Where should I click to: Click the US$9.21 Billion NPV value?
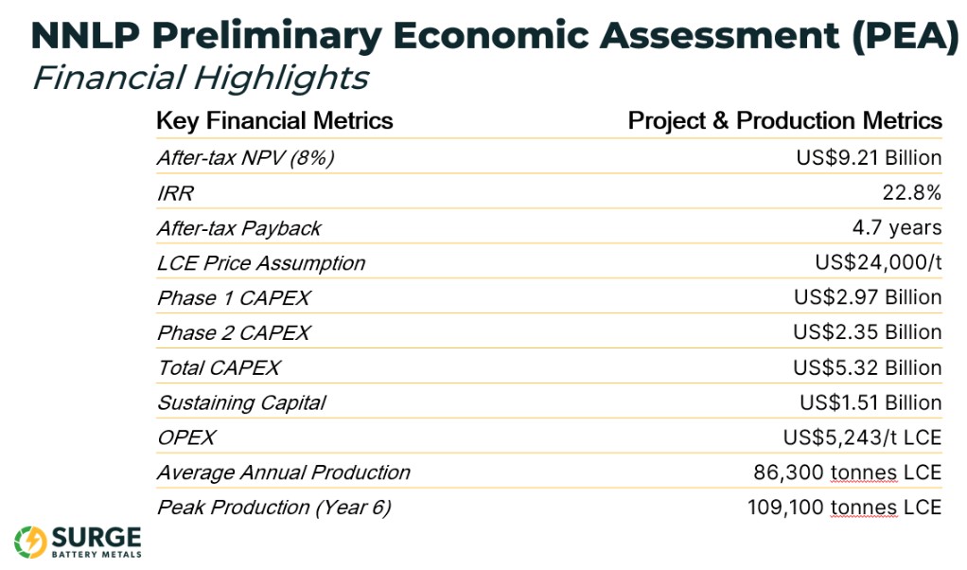point(869,158)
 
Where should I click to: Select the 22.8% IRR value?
point(911,193)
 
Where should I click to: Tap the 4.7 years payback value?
point(897,227)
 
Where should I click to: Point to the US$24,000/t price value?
point(878,263)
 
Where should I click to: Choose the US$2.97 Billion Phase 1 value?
point(868,297)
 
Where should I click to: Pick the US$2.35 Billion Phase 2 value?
point(867,332)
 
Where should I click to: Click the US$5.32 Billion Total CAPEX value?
point(867,367)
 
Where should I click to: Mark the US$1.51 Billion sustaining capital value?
point(870,402)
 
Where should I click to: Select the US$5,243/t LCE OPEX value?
point(862,437)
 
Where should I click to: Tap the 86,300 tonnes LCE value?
point(848,472)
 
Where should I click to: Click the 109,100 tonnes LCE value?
point(844,508)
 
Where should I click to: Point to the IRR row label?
point(176,194)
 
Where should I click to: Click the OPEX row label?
point(186,438)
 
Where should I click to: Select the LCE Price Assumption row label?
point(261,263)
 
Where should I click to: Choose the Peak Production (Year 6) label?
point(274,508)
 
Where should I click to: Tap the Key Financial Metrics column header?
point(274,121)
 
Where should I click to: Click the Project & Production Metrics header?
point(785,121)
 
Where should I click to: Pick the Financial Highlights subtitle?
point(201,79)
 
